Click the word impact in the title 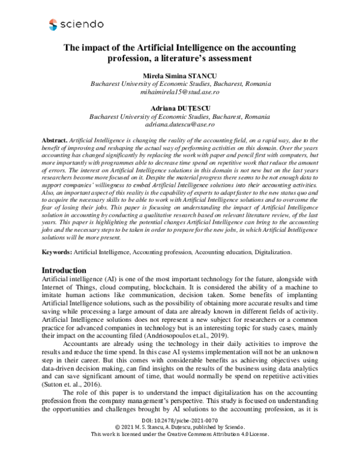click(x=106, y=47)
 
